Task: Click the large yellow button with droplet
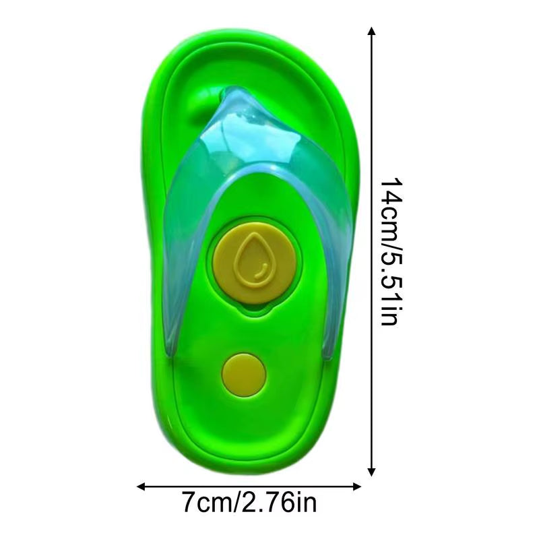(255, 263)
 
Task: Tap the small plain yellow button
(244, 375)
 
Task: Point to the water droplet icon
(253, 259)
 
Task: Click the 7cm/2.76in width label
(249, 503)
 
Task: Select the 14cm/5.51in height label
(391, 251)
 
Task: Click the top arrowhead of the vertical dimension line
(371, 31)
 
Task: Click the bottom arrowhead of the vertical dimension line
(371, 472)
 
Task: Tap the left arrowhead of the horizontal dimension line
(141, 486)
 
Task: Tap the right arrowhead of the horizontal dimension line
(356, 486)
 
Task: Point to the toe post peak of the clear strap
(237, 90)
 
